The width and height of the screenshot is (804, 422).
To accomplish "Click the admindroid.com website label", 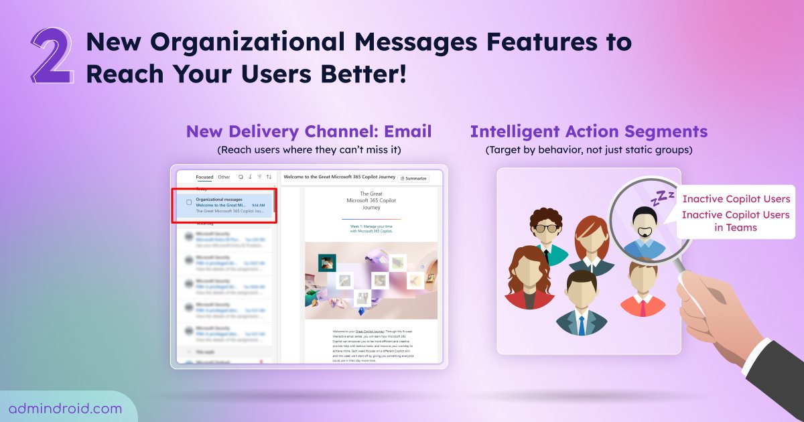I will pos(65,408).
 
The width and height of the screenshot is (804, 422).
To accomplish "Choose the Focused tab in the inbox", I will pos(204,178).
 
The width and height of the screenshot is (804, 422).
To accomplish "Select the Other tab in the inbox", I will pos(224,178).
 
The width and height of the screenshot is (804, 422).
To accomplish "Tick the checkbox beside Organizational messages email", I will pos(189,202).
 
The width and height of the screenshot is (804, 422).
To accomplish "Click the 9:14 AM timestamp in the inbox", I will pos(258,205).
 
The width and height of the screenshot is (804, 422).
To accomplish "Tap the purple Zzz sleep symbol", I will pos(664,197).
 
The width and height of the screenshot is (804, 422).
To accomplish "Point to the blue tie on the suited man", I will pos(582,324).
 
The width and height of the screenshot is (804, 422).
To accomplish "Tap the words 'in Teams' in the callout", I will pos(736,227).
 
